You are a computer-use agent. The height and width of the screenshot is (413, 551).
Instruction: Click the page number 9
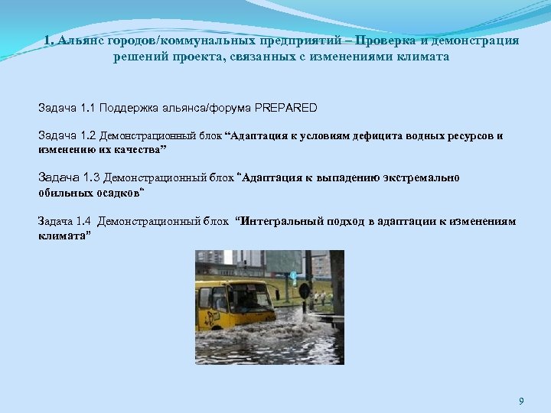(x=521, y=401)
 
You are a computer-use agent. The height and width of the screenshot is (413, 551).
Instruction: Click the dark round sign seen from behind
(x=304, y=291)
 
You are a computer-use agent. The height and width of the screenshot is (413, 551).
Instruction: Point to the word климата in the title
(x=422, y=57)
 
